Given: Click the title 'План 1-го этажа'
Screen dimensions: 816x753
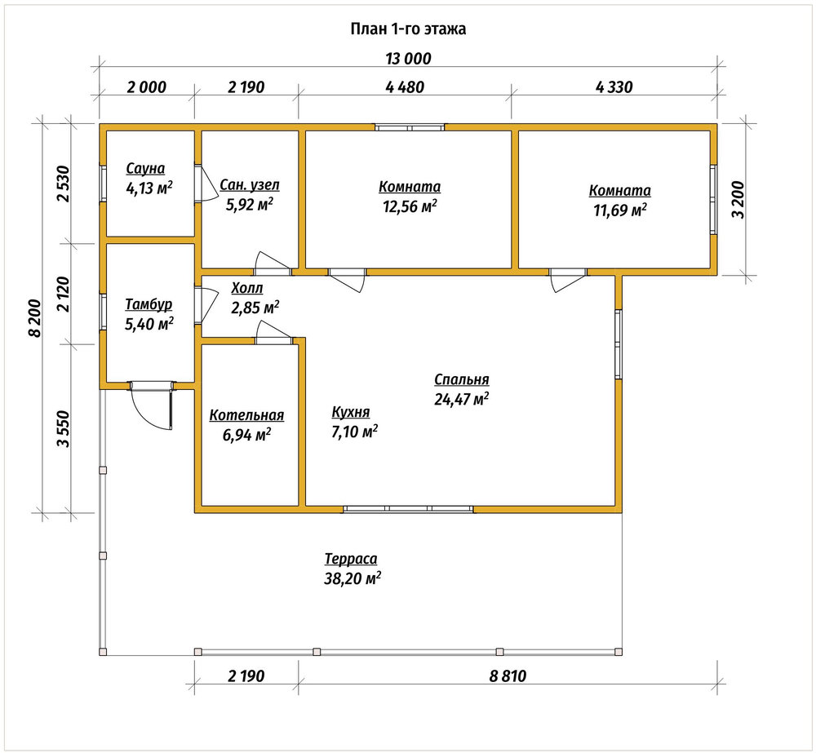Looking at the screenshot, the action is [408, 29].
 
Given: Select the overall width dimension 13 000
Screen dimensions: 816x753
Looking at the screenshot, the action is [409, 58].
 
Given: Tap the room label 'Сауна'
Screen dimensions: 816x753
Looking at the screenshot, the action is [145, 169].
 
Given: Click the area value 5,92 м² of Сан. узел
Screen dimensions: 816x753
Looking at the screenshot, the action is [249, 204].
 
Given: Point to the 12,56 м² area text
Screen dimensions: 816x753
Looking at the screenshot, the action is [410, 206].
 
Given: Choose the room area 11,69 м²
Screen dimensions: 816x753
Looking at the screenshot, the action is [620, 210].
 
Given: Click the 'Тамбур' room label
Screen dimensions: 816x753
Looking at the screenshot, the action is [149, 304].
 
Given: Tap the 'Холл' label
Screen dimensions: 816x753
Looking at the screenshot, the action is [247, 288].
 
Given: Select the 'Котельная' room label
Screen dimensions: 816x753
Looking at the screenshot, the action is [246, 415].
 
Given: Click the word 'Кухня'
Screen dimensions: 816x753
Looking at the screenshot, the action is [351, 412].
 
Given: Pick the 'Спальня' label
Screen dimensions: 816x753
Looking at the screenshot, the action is [462, 380].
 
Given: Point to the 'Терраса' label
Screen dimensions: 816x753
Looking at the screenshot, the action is [351, 559].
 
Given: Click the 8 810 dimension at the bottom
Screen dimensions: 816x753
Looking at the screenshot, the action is [508, 676].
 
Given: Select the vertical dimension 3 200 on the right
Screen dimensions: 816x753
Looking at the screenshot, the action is [739, 200].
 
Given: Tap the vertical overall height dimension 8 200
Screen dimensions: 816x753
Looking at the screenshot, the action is [34, 318].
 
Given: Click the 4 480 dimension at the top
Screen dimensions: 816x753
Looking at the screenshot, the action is [405, 87].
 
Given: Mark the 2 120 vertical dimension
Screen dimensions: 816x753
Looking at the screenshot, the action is [64, 294].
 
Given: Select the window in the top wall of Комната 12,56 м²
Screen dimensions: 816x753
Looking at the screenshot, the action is [410, 127].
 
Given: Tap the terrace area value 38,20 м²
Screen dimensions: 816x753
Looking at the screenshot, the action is [353, 578].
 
